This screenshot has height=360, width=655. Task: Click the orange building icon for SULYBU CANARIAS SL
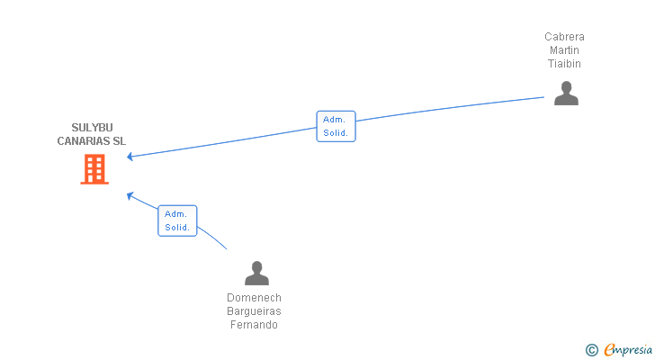coord(94,169)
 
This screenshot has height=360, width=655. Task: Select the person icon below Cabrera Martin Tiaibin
coord(566,94)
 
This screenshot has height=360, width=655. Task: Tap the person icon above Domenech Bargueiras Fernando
coord(256,273)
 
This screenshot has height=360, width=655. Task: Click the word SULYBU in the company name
coord(92,128)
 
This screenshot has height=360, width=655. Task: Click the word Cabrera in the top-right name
coord(564,37)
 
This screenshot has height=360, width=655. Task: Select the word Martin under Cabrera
coord(564,50)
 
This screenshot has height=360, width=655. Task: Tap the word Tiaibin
coord(564,64)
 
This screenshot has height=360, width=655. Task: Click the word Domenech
coord(254,298)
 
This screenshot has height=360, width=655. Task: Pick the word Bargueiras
coord(254,311)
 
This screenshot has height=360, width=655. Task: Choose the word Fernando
coord(254,325)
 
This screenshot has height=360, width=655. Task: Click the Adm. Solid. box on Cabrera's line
coord(336,126)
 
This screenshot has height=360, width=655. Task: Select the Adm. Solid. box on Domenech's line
coord(177,220)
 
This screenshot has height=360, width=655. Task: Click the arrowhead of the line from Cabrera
coord(130,157)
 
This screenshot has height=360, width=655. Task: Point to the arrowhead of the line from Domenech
coord(130,195)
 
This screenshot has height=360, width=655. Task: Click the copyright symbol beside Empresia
coord(591,350)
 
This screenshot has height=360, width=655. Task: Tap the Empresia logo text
coord(628,350)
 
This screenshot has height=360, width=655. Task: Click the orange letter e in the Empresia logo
coord(609,350)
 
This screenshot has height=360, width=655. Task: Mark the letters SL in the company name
coord(120,141)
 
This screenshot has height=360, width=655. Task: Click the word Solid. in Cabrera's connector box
coord(336,133)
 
